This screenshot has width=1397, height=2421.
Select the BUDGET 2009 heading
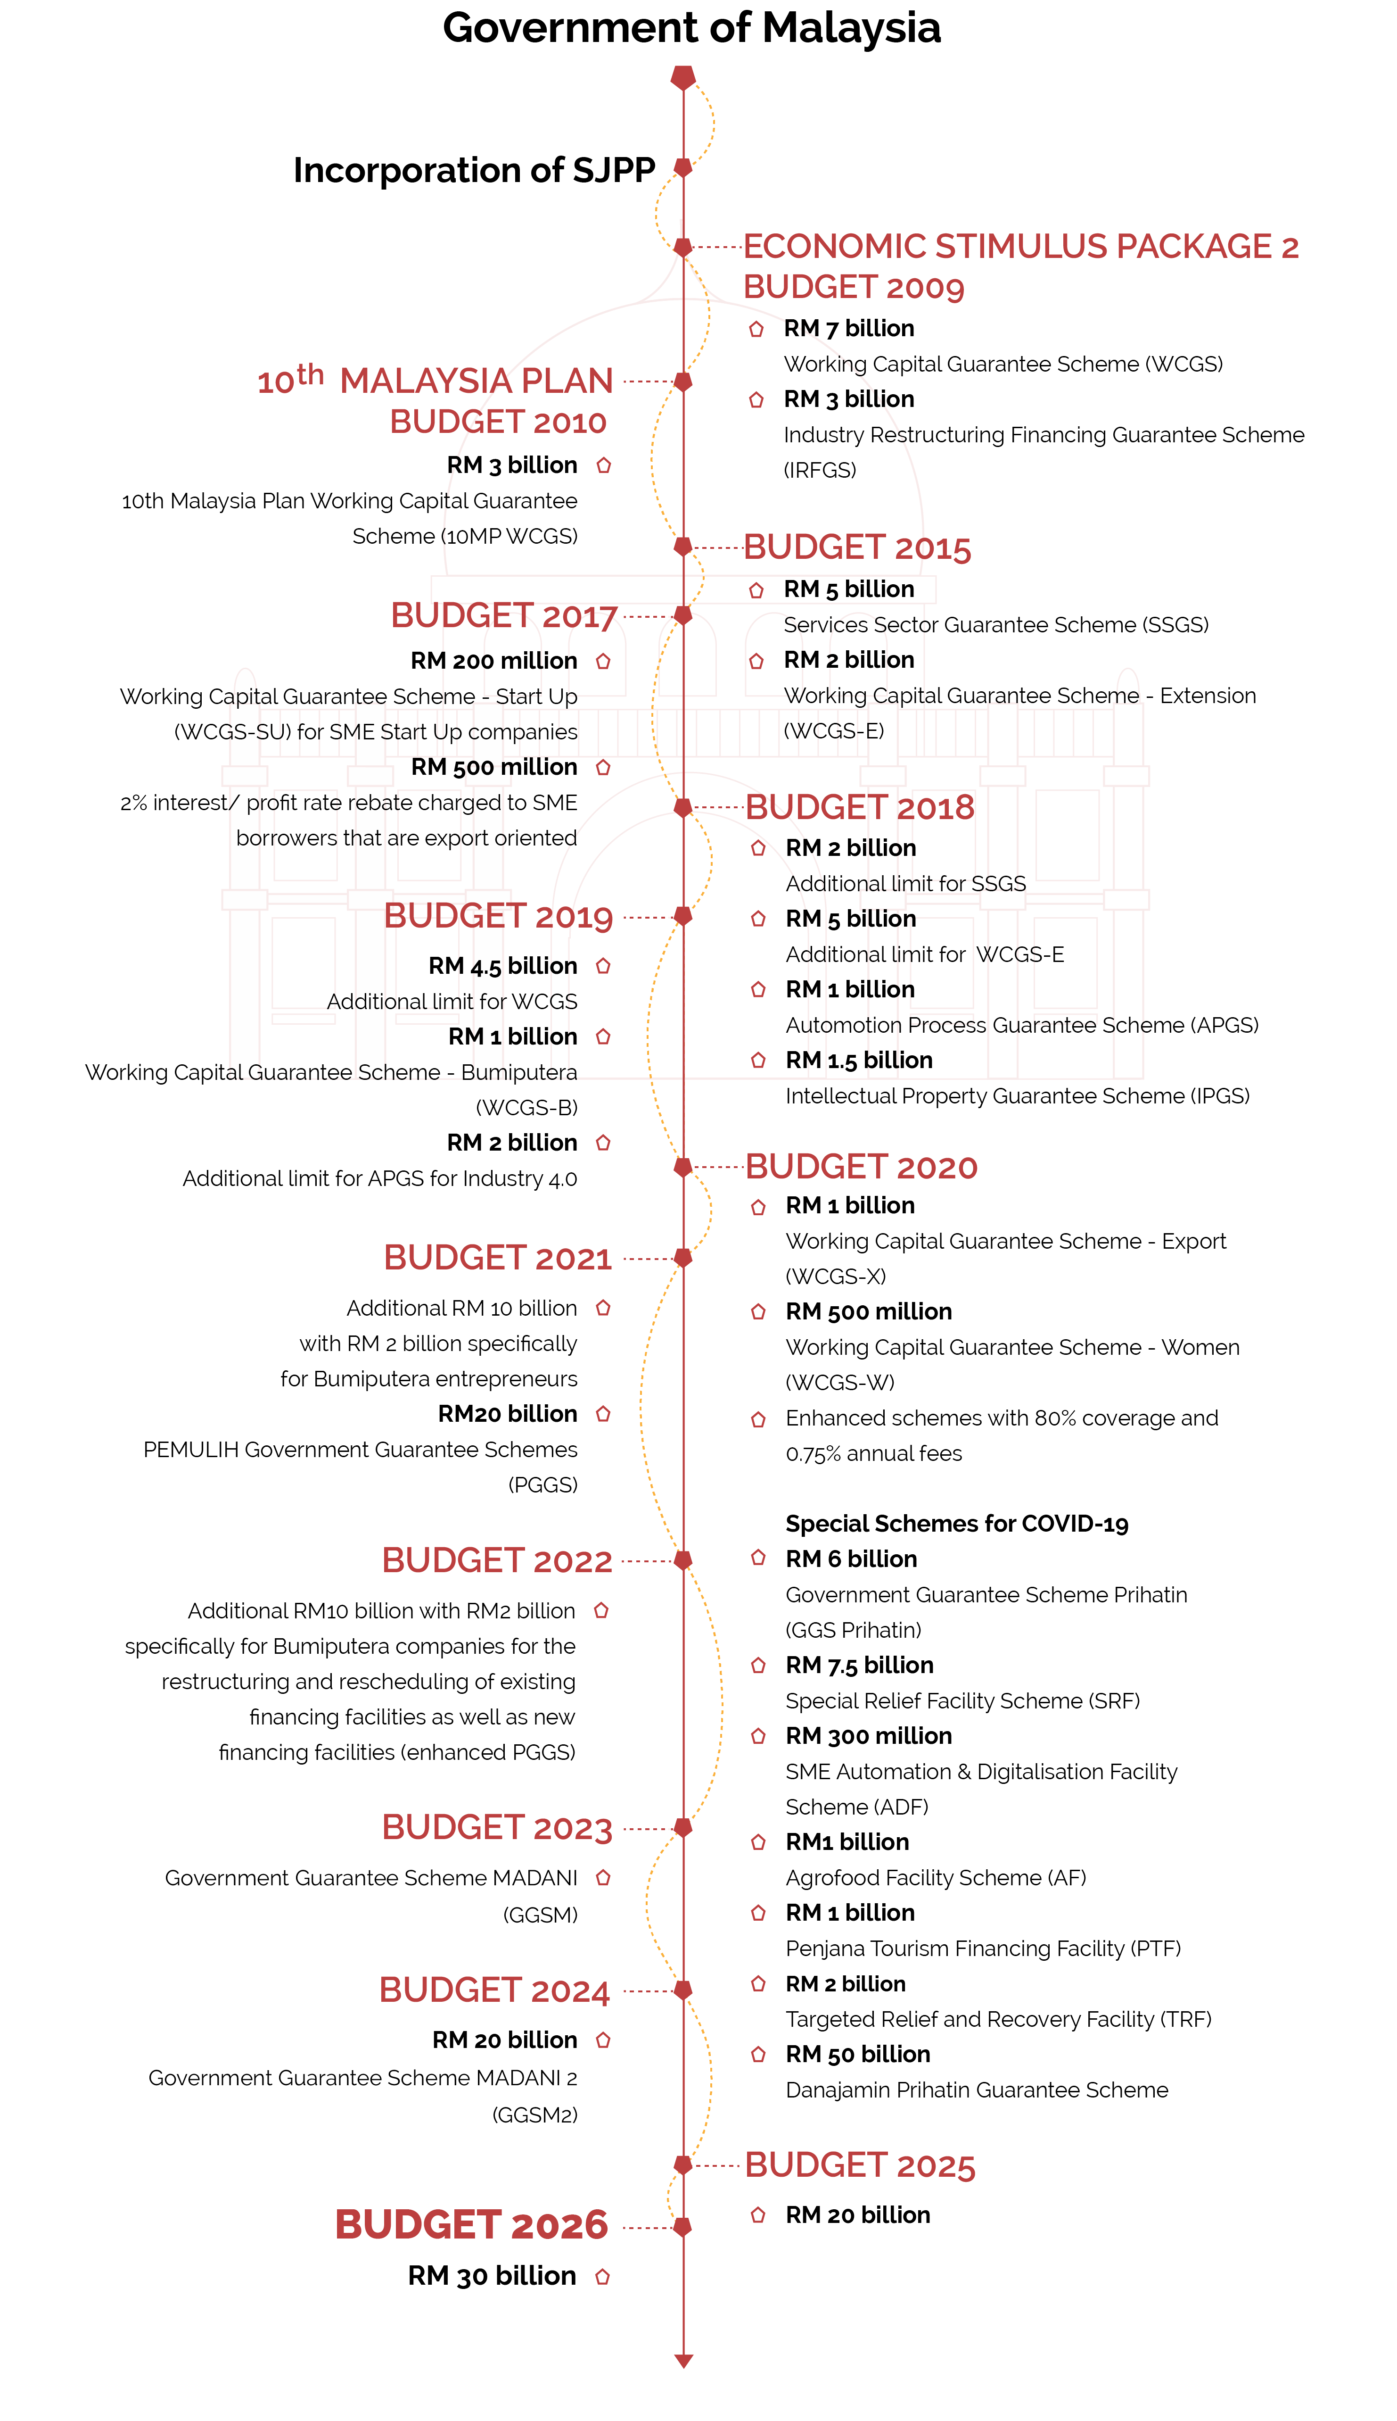853,287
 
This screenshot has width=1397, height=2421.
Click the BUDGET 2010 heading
498,423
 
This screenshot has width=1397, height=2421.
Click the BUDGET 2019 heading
498,917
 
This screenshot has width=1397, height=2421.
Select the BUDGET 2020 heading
861,1167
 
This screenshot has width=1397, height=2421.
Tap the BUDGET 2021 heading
498,1258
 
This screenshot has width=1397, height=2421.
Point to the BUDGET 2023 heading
497,1828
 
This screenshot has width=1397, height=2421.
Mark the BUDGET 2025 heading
860,2166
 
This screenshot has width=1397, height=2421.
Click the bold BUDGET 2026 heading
471,2225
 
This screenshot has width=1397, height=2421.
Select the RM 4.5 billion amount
503,966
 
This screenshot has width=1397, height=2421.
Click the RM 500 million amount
494,767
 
